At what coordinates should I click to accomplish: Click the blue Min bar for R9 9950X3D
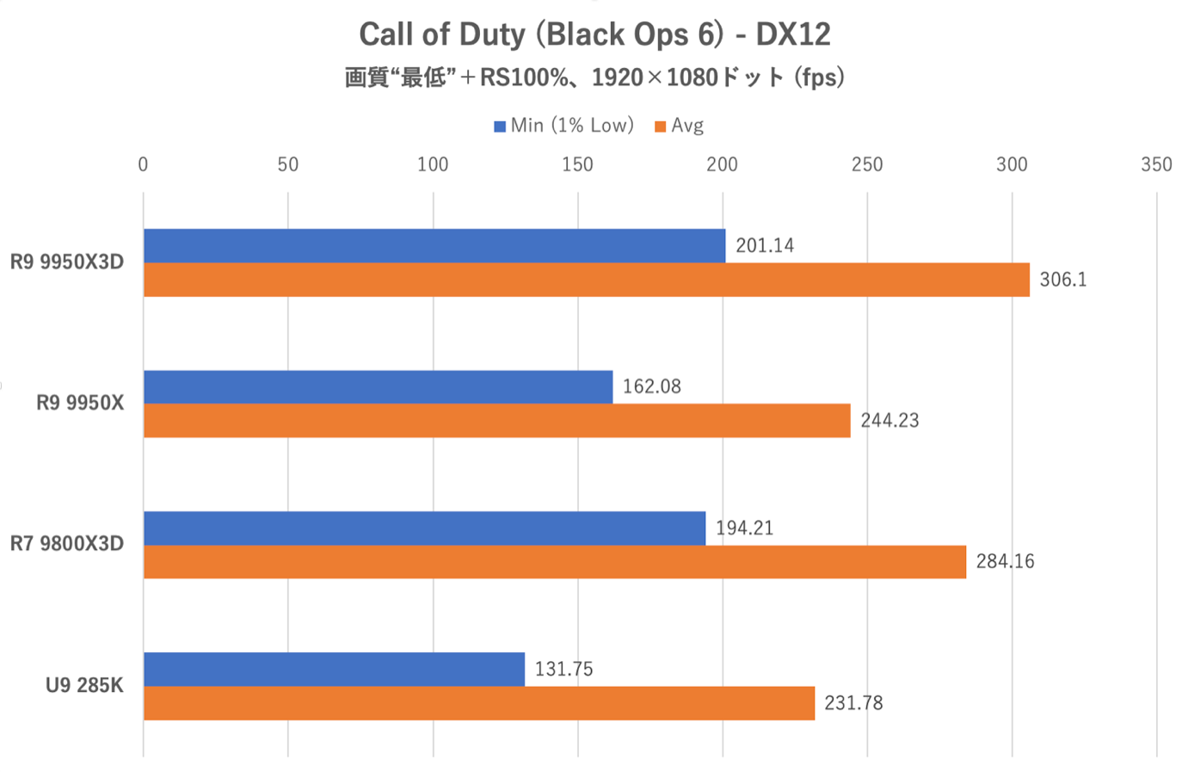[x=434, y=246]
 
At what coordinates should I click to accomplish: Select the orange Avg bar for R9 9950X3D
[x=586, y=280]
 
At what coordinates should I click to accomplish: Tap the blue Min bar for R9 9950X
[x=378, y=387]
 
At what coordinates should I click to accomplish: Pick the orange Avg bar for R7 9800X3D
[x=555, y=562]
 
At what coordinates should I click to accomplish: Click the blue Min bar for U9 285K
[x=334, y=670]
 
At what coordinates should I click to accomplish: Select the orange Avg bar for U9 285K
[x=479, y=703]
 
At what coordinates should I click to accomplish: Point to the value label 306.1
[x=1062, y=280]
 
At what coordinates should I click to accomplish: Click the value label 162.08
[x=651, y=386]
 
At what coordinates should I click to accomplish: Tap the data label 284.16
[x=1005, y=562]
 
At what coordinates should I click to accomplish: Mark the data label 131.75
[x=563, y=669]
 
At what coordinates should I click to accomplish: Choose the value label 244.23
[x=889, y=421]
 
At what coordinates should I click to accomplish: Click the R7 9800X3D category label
[x=67, y=544]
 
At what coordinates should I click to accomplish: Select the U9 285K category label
[x=84, y=686]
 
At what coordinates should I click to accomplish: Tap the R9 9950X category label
[x=80, y=403]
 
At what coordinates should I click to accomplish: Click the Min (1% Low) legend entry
[x=564, y=126]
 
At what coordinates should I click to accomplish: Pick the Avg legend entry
[x=680, y=126]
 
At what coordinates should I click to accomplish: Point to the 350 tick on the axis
[x=1156, y=164]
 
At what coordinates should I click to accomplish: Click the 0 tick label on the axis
[x=143, y=164]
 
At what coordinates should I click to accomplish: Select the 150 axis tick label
[x=577, y=164]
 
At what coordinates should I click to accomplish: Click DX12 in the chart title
[x=792, y=34]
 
